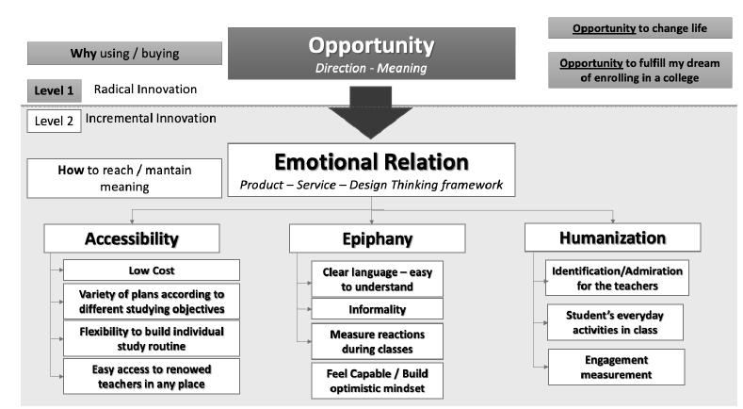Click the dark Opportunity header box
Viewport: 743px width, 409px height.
point(372,54)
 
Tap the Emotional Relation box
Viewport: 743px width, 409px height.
point(372,170)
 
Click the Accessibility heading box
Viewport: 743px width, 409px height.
point(132,238)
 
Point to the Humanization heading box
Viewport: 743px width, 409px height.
point(612,238)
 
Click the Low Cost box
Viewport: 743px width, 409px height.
point(151,270)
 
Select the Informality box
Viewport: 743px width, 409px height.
point(377,308)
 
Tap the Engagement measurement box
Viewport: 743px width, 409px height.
point(616,367)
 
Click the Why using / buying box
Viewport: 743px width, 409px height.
point(125,53)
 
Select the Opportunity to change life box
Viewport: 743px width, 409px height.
point(639,28)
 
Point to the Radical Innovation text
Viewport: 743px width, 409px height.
point(146,90)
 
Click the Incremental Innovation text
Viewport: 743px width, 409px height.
point(151,120)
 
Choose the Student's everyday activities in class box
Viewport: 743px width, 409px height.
point(616,322)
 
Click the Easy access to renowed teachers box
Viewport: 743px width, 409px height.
point(151,376)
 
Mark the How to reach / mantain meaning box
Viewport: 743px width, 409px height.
point(125,177)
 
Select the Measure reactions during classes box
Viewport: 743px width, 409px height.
point(377,341)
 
